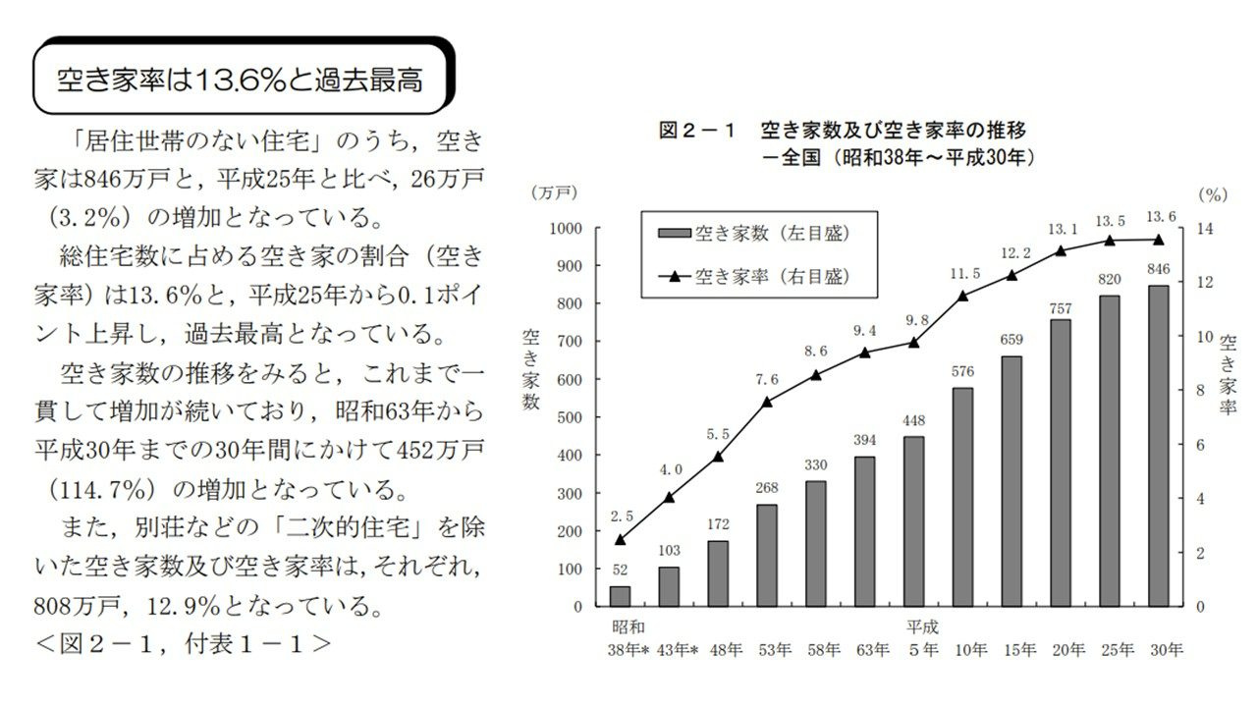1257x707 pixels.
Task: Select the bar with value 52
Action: [x=620, y=596]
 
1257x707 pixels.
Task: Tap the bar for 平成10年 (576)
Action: [x=962, y=497]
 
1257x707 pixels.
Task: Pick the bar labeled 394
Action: [x=864, y=531]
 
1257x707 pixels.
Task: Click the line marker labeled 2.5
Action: [x=620, y=539]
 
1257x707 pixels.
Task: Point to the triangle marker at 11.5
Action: [x=962, y=296]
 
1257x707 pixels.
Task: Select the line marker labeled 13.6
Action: [x=1158, y=239]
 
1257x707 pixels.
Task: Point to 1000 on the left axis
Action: [x=565, y=228]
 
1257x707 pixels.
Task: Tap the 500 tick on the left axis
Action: [x=569, y=417]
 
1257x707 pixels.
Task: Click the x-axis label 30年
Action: [x=1166, y=649]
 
